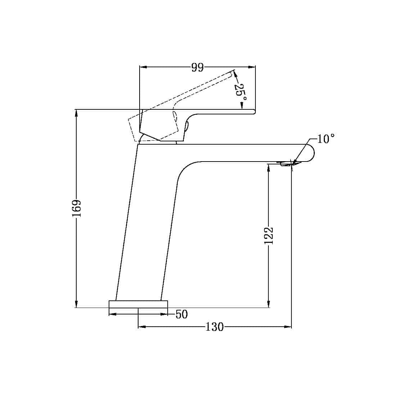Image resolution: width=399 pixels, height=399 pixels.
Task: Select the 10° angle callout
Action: pos(326,139)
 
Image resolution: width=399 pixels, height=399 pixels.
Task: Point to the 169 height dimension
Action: pos(77,208)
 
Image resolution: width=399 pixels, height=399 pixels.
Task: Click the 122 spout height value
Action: pos(269,236)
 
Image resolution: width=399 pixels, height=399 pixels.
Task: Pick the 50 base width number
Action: pos(182,314)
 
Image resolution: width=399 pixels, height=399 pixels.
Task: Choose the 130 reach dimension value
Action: pos(214,327)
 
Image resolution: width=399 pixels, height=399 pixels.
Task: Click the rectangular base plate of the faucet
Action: pos(139,304)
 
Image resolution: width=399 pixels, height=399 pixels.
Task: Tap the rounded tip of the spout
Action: pos(311,153)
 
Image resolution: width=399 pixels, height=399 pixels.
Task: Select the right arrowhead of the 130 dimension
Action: pos(288,327)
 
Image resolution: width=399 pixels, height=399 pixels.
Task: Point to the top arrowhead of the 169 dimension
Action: pos(76,113)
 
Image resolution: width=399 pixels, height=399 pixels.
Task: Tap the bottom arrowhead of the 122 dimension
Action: pos(268,304)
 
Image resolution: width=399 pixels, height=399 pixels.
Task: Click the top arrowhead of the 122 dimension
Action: pos(268,167)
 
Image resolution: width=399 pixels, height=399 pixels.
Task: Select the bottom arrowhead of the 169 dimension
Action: pos(76,304)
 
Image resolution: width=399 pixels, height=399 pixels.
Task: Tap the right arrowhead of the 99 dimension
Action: pos(252,67)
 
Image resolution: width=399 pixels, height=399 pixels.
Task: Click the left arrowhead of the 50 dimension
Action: pos(112,314)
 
